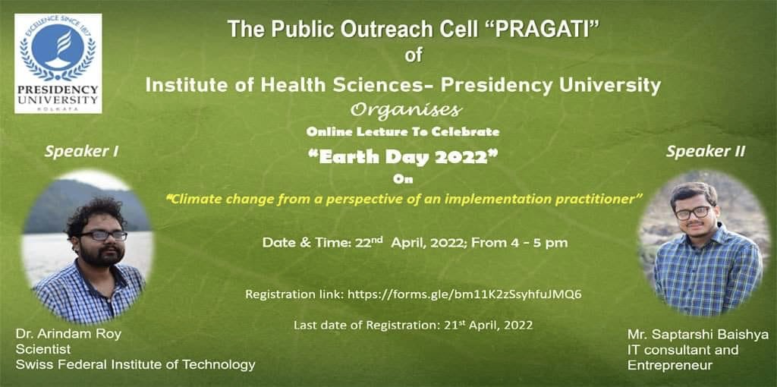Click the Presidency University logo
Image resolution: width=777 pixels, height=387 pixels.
click(x=58, y=63)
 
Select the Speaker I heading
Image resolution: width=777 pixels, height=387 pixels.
click(x=81, y=151)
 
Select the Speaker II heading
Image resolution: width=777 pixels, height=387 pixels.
click(x=705, y=151)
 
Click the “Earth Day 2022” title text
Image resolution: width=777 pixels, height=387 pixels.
click(x=402, y=158)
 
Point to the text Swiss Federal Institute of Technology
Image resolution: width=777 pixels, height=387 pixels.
click(x=135, y=365)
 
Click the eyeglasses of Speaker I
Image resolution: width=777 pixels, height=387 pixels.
click(x=104, y=235)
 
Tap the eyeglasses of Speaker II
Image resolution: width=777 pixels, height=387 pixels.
click(x=693, y=212)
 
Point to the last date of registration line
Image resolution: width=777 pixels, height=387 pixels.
click(x=413, y=325)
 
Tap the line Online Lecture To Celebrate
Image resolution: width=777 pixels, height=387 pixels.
click(x=402, y=131)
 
